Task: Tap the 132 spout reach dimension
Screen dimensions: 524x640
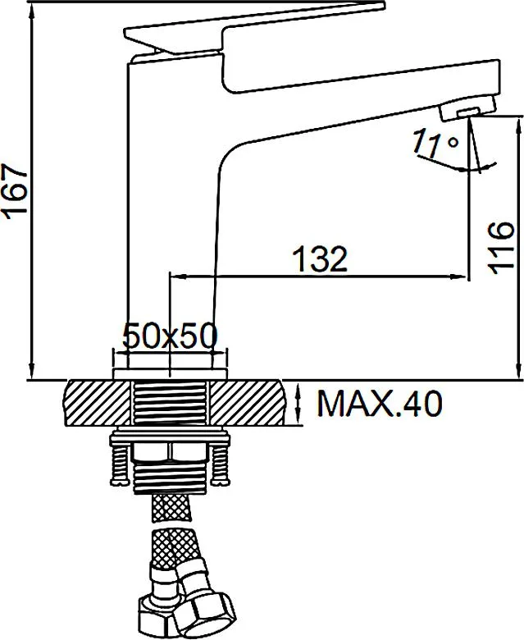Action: tap(321, 259)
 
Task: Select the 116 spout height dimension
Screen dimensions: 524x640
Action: tap(500, 248)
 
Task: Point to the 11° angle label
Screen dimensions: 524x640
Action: tap(435, 143)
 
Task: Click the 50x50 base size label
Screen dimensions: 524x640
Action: tap(170, 336)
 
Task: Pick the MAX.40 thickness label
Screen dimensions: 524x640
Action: tap(379, 403)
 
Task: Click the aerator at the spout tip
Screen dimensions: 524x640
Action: tap(467, 108)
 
